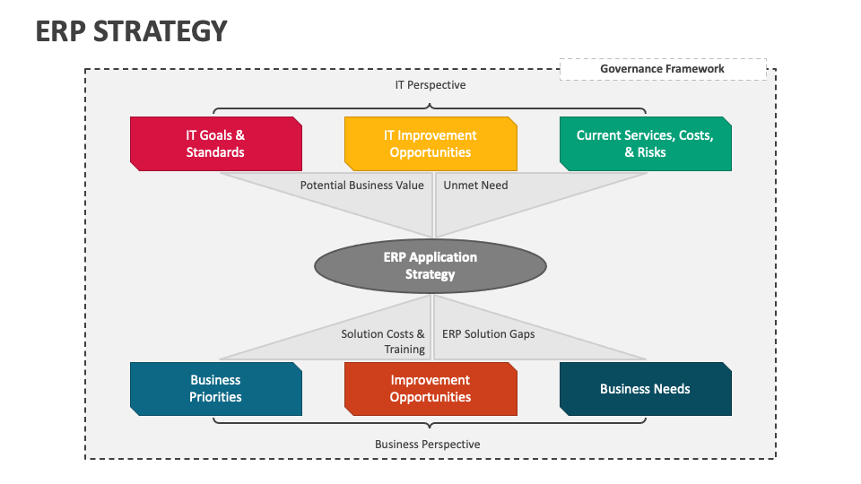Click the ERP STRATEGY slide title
point(131,31)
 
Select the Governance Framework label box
point(662,69)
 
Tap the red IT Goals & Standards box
point(215,143)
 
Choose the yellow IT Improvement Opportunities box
point(430,143)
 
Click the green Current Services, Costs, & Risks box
point(645,143)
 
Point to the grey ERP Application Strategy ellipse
point(430,265)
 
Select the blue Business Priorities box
point(215,388)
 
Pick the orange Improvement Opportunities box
point(430,388)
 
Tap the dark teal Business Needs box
point(645,388)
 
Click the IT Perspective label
point(430,85)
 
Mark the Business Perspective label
point(427,445)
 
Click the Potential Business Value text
point(361,186)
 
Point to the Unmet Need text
point(475,186)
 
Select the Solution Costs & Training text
point(383,341)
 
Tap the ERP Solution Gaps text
point(488,334)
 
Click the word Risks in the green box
point(651,152)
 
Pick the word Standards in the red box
point(215,152)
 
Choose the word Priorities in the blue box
point(215,397)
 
